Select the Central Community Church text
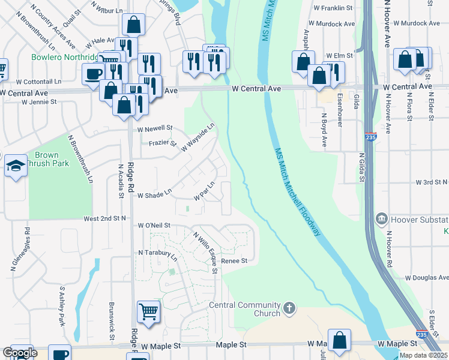245,309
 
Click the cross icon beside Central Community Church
289,309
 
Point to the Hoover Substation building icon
381,219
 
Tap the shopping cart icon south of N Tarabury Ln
148,311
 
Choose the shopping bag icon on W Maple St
339,339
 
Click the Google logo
19,353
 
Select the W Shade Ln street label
154,195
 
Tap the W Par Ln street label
204,192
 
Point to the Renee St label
234,261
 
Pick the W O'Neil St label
154,226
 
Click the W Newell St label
154,128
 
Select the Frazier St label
163,143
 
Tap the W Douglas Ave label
426,278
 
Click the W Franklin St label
336,8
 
